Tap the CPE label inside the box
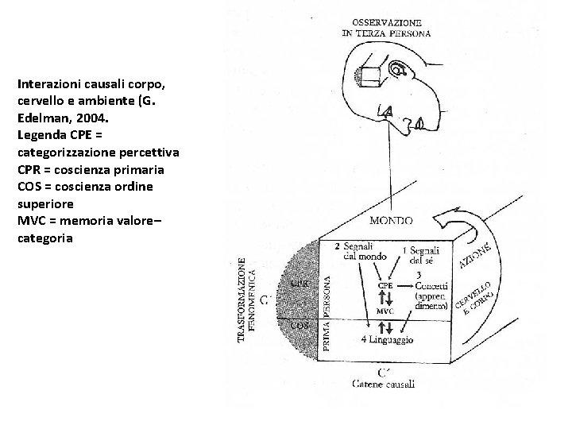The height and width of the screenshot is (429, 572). [x=385, y=285]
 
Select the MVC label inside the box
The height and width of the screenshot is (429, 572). [x=385, y=311]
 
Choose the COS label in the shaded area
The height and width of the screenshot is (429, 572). [x=300, y=325]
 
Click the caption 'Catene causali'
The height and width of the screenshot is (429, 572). [x=384, y=385]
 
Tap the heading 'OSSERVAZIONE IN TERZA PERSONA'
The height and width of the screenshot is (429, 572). [x=386, y=29]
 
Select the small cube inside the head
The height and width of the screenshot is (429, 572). [x=370, y=76]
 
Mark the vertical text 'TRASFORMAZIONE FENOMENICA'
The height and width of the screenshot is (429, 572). [x=247, y=300]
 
